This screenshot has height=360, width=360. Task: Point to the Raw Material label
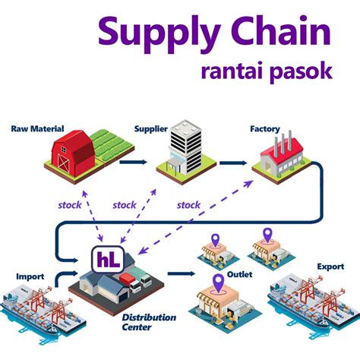pyautogui.click(x=37, y=129)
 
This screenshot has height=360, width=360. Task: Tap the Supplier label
pyautogui.click(x=150, y=129)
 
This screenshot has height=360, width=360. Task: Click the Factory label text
pyautogui.click(x=264, y=129)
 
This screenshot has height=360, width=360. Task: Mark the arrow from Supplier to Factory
pyautogui.click(x=232, y=162)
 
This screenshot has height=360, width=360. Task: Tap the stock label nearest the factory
pyautogui.click(x=188, y=205)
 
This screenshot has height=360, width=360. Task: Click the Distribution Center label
pyautogui.click(x=149, y=322)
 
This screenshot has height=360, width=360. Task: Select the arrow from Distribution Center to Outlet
pyautogui.click(x=183, y=273)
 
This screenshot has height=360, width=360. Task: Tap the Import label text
pyautogui.click(x=30, y=276)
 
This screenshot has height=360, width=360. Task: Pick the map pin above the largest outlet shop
pyautogui.click(x=219, y=283)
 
